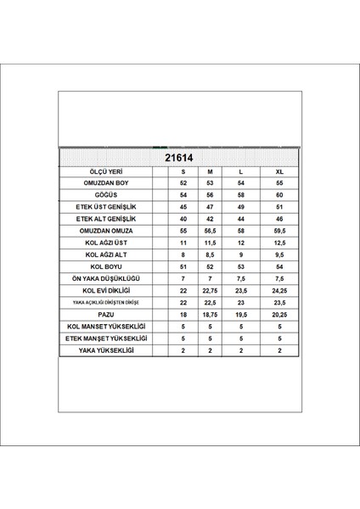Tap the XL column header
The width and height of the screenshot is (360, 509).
[281, 171]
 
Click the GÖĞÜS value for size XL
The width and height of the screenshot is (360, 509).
[281, 195]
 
